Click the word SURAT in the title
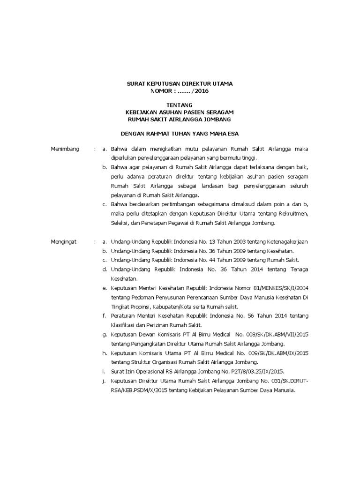(x=136, y=83)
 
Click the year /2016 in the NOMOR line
(x=196, y=91)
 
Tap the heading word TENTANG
(x=180, y=105)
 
